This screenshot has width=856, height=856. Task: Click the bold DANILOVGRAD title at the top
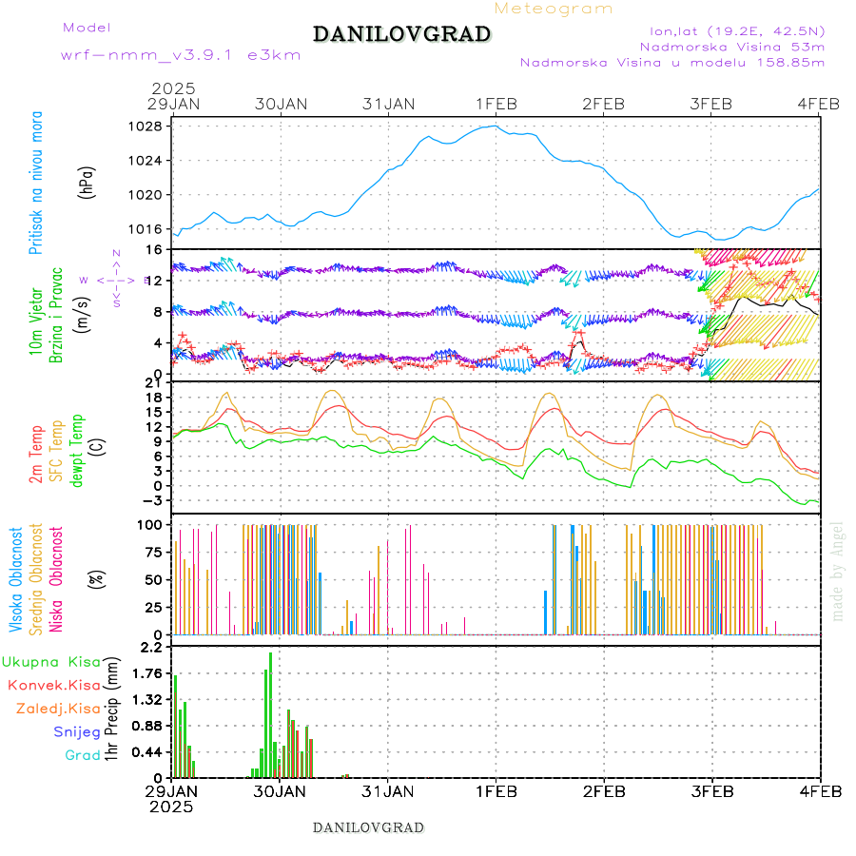click(401, 35)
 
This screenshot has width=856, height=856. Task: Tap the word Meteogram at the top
click(554, 9)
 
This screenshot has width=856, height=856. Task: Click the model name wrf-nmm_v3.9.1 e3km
click(181, 55)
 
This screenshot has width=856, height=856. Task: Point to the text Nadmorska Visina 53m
click(732, 46)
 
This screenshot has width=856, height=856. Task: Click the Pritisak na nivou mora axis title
click(36, 188)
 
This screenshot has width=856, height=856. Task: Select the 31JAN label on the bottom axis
click(388, 791)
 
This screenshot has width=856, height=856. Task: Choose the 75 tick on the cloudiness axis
click(150, 552)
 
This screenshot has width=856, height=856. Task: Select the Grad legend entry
click(83, 755)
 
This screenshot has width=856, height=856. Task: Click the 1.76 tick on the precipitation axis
click(146, 674)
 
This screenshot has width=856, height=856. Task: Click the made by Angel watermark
click(837, 571)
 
